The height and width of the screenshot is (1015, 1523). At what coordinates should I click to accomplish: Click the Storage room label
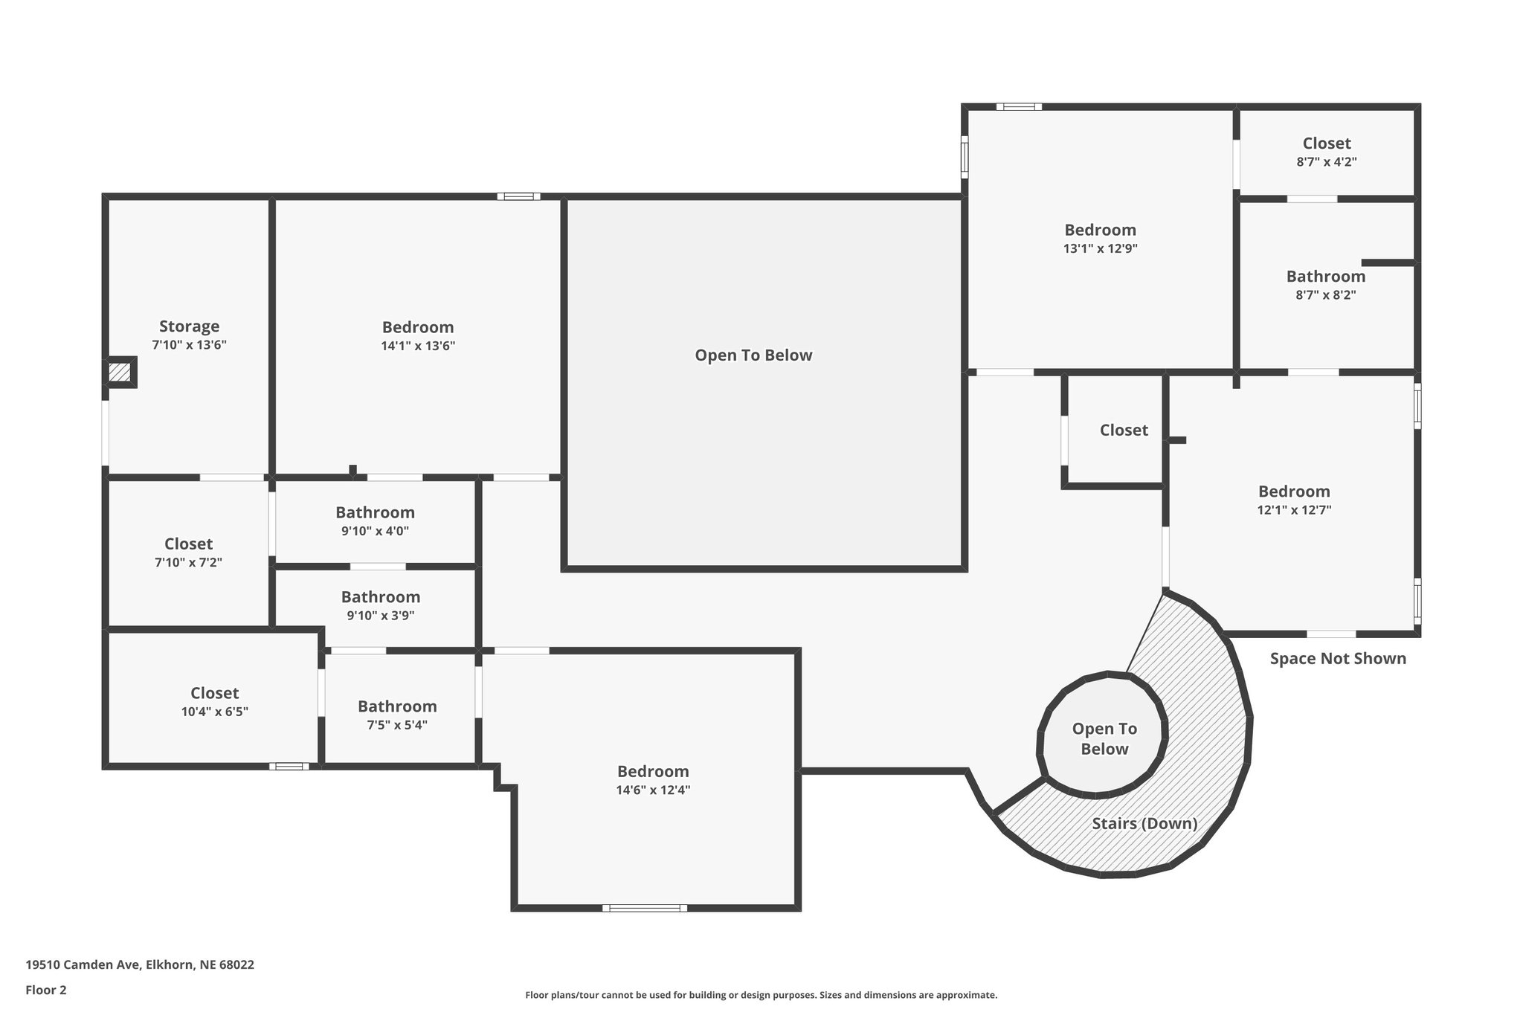pyautogui.click(x=189, y=326)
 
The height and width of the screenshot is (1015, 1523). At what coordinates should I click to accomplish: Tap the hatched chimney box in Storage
pyautogui.click(x=119, y=372)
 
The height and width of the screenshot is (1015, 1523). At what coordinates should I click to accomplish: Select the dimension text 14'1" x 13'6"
pyautogui.click(x=418, y=346)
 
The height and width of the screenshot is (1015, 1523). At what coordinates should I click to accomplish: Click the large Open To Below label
pyautogui.click(x=753, y=355)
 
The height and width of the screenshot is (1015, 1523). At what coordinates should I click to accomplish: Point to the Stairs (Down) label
pyautogui.click(x=1144, y=823)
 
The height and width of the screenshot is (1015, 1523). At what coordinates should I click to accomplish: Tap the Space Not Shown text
pyautogui.click(x=1338, y=658)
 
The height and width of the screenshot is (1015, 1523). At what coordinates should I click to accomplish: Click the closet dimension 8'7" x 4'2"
pyautogui.click(x=1327, y=161)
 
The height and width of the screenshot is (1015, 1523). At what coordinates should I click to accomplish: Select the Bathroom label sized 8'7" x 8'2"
pyautogui.click(x=1326, y=277)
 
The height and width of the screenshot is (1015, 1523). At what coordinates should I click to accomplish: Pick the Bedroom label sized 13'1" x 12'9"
pyautogui.click(x=1100, y=231)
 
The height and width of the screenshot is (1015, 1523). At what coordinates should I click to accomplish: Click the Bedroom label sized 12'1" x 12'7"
pyautogui.click(x=1294, y=492)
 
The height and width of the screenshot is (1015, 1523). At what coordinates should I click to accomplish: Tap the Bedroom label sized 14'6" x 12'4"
pyautogui.click(x=653, y=772)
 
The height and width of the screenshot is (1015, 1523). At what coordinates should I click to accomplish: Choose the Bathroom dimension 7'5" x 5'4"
pyautogui.click(x=397, y=725)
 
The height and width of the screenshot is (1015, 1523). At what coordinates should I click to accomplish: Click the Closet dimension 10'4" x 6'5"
pyautogui.click(x=215, y=712)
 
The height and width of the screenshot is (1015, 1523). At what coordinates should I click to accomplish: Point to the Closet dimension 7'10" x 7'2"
pyautogui.click(x=188, y=563)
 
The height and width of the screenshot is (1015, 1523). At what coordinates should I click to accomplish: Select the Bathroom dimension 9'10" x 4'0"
pyautogui.click(x=375, y=531)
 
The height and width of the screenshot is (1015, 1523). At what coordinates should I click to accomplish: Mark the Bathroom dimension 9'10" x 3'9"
pyautogui.click(x=381, y=616)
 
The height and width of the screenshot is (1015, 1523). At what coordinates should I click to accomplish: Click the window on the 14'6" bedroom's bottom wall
pyautogui.click(x=645, y=908)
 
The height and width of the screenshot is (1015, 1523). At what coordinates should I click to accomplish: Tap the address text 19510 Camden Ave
pyautogui.click(x=82, y=964)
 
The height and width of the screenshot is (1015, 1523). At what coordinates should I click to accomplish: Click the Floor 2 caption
pyautogui.click(x=46, y=990)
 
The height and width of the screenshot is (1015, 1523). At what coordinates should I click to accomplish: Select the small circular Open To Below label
pyautogui.click(x=1104, y=739)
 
